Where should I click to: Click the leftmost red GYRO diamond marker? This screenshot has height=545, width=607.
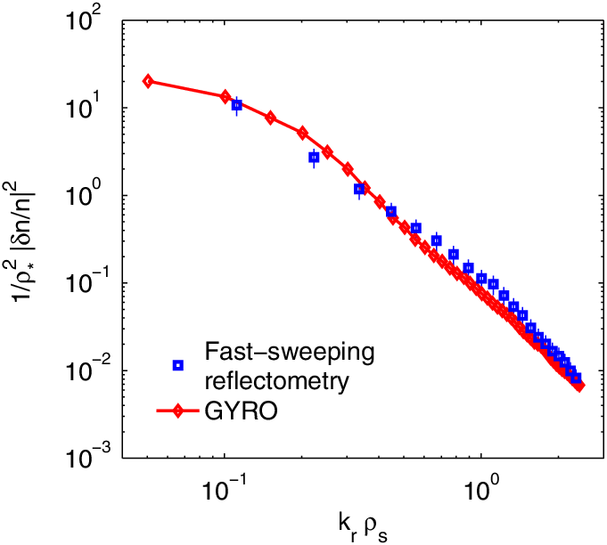[149, 81]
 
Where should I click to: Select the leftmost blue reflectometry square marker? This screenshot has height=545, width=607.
[236, 105]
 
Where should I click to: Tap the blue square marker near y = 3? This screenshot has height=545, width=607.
[314, 158]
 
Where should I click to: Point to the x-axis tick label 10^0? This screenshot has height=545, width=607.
[481, 489]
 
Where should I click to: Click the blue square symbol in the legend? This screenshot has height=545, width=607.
[178, 364]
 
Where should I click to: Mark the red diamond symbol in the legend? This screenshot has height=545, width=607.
[178, 411]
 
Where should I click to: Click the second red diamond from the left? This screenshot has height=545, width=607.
[226, 96]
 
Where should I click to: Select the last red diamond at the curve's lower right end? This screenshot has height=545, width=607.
[579, 386]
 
